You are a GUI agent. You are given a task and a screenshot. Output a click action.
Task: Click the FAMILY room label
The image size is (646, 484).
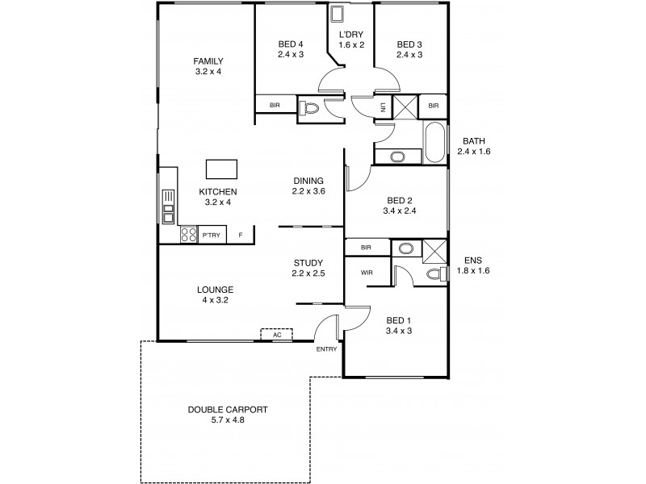[x=208, y=61]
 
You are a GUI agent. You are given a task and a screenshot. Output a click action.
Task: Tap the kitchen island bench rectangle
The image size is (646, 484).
[x=222, y=169]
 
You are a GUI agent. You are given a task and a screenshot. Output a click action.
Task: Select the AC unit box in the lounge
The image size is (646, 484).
[x=276, y=334]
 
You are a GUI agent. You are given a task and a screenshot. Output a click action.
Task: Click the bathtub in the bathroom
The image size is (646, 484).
[x=434, y=144]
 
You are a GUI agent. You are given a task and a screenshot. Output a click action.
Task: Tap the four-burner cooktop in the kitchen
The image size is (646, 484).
[x=188, y=235]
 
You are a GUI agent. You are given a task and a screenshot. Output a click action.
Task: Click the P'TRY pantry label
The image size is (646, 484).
[x=212, y=236]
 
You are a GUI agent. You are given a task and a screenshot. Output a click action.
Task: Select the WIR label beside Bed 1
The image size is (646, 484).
[x=366, y=273]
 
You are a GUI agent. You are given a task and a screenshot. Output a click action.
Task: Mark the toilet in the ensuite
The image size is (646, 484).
[x=437, y=274]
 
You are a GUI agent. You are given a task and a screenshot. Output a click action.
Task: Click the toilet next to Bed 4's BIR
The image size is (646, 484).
[x=308, y=106]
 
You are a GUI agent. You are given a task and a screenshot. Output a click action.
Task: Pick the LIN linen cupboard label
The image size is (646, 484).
[x=383, y=106]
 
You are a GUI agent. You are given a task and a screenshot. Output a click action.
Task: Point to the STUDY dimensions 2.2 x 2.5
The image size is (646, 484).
[x=308, y=273]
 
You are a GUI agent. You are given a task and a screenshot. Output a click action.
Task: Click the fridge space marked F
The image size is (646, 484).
[x=240, y=236]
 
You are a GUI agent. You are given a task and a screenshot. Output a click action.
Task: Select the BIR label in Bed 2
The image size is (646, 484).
[x=366, y=248]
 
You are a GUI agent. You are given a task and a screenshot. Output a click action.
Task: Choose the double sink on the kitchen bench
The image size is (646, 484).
[x=168, y=206]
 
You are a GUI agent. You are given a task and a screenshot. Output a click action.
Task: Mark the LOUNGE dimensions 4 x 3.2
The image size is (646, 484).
[x=215, y=300]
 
